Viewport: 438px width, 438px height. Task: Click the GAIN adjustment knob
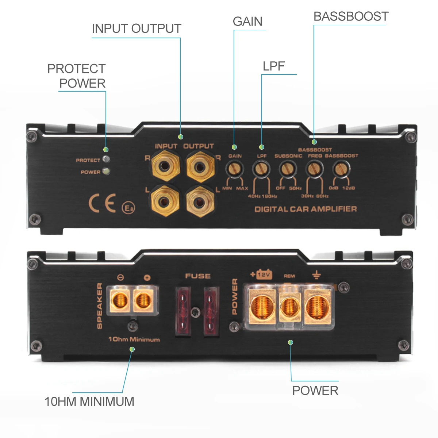coord(235,169)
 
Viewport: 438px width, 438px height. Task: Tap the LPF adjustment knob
coord(261,169)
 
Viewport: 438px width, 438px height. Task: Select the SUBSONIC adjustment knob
coord(288,169)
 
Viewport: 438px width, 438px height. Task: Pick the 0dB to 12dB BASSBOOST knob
coord(341,169)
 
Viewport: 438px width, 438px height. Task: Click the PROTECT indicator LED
coord(106,159)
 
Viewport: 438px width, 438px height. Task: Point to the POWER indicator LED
coord(106,171)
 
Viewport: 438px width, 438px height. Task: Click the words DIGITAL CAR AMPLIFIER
coord(306,209)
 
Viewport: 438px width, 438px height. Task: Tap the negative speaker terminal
coord(119,301)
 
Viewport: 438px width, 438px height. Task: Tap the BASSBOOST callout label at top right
coord(351,16)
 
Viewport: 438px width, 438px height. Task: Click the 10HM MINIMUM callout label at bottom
coord(89,401)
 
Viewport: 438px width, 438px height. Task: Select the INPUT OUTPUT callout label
coord(137,28)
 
